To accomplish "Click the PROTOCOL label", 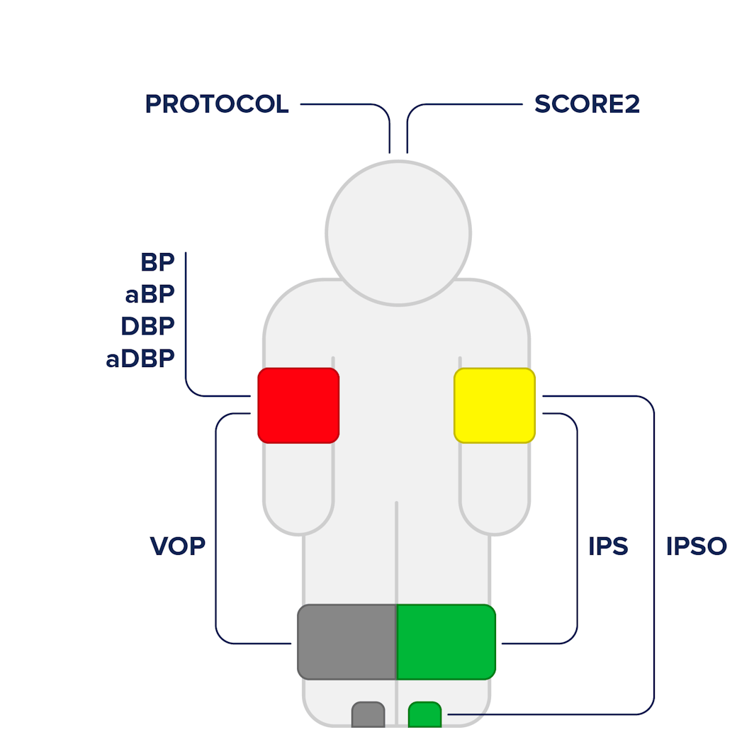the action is (217, 104).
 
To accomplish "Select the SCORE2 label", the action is (587, 104).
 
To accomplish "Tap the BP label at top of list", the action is (157, 262).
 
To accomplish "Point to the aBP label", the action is (150, 295).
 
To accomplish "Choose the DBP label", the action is (147, 326).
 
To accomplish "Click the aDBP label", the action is (140, 359).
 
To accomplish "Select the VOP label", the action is (178, 546).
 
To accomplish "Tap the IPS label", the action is (608, 546).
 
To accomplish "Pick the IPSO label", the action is (697, 546).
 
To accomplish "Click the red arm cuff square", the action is (298, 405).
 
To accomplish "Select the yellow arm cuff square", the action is (495, 405).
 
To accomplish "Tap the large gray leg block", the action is (347, 642).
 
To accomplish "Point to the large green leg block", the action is (446, 642).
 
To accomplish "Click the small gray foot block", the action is (368, 715).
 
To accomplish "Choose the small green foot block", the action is (425, 715).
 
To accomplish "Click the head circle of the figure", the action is (398, 233).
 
